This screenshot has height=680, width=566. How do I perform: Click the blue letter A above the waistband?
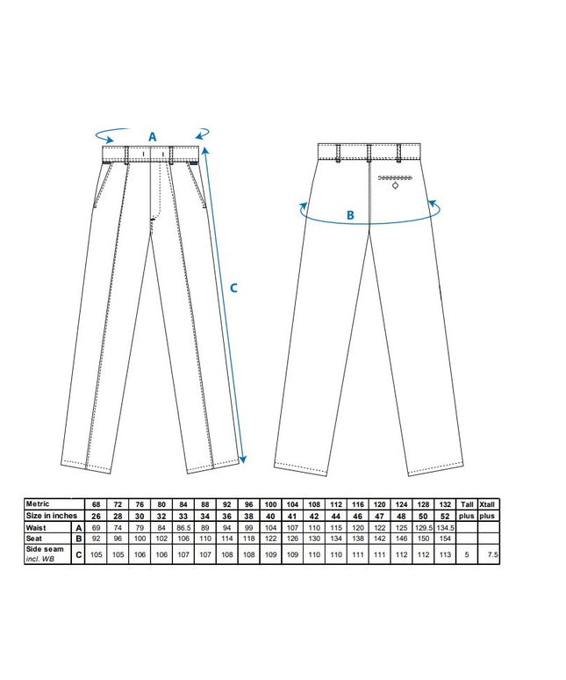coord(153,137)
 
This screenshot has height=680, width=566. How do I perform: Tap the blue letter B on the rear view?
coord(350,215)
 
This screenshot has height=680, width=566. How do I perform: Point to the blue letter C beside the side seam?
coord(233,288)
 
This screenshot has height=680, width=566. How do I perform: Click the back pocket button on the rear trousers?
coord(395,186)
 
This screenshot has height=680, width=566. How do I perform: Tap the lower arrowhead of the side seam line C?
coord(243,459)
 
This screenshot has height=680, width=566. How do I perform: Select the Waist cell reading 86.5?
coord(183,528)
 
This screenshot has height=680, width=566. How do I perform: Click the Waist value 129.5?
coord(423,528)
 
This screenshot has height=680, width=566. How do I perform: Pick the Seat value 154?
coord(445,539)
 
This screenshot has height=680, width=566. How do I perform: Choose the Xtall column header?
coord(487,504)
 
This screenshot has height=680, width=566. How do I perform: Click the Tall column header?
coord(467,504)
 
